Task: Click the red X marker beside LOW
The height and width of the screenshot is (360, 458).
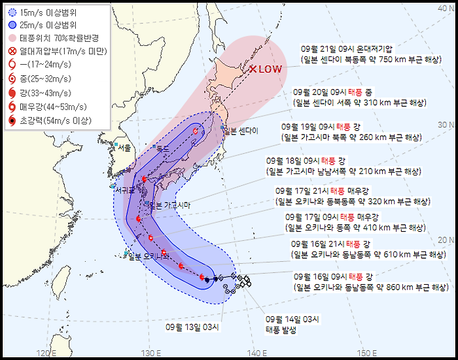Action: pos(253,69)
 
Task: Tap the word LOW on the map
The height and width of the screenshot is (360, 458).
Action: pos(271,70)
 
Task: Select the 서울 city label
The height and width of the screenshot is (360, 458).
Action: pos(125,148)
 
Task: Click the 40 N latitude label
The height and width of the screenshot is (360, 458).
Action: pos(443,8)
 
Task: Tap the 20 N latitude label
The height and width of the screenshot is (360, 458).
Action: pos(443,240)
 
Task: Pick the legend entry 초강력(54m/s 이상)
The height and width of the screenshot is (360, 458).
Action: pos(58,121)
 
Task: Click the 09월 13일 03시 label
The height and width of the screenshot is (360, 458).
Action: pos(193,327)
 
